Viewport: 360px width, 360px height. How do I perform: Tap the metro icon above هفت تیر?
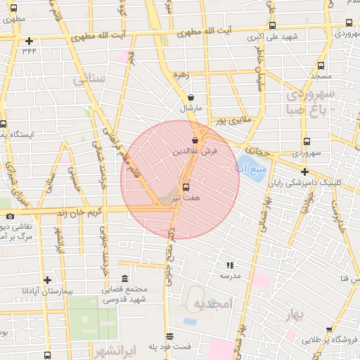point(186,187)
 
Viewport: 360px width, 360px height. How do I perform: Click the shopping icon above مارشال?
point(191,98)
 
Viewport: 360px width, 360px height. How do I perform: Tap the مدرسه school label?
point(231,276)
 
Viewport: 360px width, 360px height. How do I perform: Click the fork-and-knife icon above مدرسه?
point(229,265)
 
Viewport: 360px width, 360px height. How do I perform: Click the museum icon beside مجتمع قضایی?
point(125,278)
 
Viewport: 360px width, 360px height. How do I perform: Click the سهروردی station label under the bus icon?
point(307,153)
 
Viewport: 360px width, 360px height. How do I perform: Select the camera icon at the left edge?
point(10,216)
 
